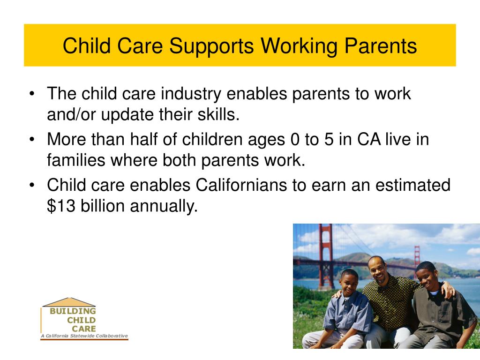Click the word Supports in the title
coord(211,46)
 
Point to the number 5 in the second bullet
coord(329,140)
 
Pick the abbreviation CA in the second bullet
coord(369,139)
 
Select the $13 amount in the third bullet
coord(61,206)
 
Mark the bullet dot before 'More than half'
coord(32,140)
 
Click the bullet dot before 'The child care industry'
coord(32,94)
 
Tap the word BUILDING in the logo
coord(73,311)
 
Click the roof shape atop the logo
coord(69,302)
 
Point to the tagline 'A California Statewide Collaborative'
coord(84,336)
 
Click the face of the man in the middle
coord(377,269)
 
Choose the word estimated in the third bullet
coord(413,185)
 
